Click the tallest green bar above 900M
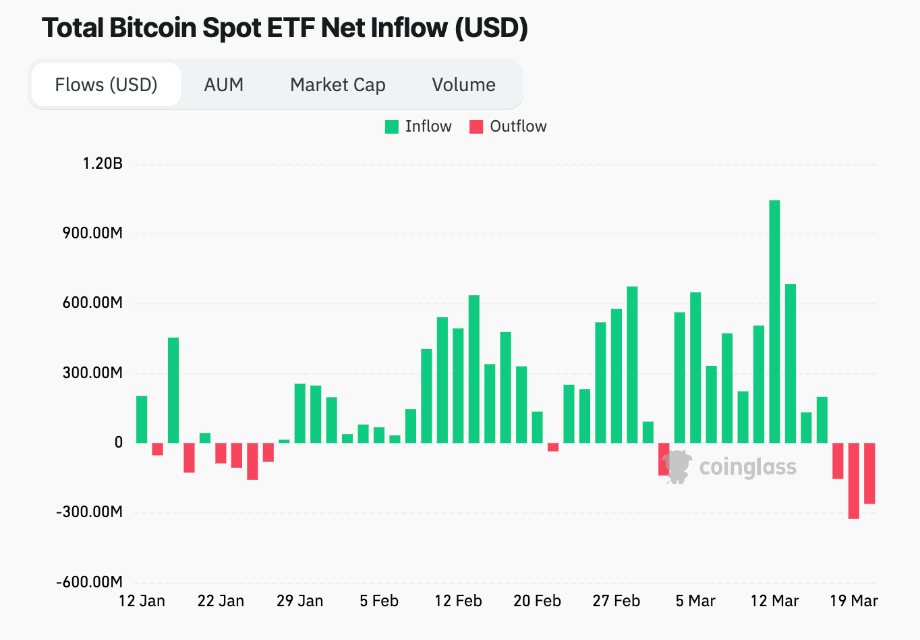[x=774, y=321]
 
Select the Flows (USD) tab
[x=106, y=85]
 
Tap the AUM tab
[x=223, y=85]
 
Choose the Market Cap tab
[x=337, y=85]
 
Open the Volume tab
[x=463, y=85]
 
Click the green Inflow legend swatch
[x=392, y=127]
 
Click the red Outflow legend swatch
[x=476, y=127]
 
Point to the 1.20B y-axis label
[x=103, y=163]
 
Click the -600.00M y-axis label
[x=89, y=582]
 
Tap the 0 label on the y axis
[x=119, y=442]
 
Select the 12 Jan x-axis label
[x=142, y=601]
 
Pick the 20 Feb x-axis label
[x=537, y=601]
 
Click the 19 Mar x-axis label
[x=854, y=601]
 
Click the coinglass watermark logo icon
[x=677, y=466]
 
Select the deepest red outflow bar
[x=854, y=481]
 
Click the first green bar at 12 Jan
[x=142, y=419]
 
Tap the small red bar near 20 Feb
[x=553, y=447]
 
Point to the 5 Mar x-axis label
[x=695, y=601]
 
